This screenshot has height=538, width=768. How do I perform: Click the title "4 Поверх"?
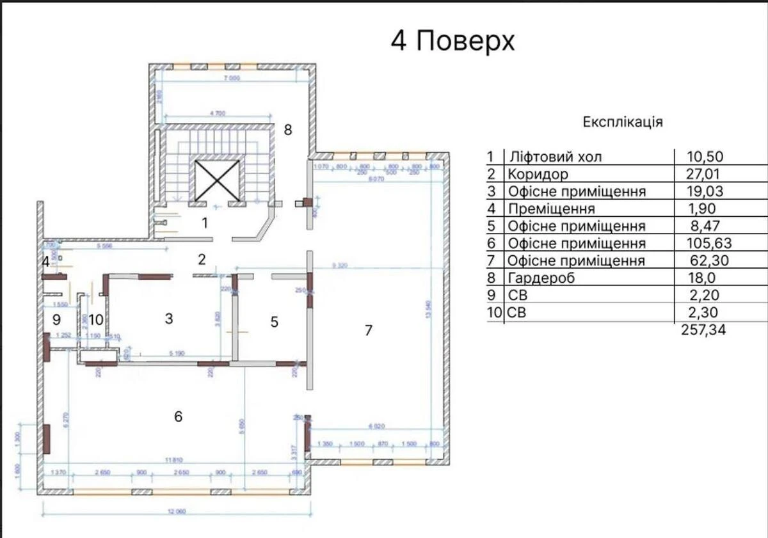[x=452, y=42]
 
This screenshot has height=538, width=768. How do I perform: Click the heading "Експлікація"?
[x=622, y=122]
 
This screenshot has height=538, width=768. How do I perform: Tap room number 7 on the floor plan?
[x=367, y=331]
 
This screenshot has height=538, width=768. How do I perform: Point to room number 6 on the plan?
[x=178, y=416]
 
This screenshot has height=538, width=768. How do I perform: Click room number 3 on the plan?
[x=169, y=319]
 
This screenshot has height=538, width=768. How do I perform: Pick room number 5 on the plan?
[x=275, y=322]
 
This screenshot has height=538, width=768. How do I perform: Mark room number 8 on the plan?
[x=288, y=130]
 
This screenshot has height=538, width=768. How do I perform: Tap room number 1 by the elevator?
[x=205, y=223]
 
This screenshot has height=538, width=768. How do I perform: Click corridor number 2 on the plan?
[x=202, y=260]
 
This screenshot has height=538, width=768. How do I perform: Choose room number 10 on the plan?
[x=96, y=319]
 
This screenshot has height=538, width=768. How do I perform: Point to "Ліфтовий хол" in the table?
[x=554, y=157]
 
